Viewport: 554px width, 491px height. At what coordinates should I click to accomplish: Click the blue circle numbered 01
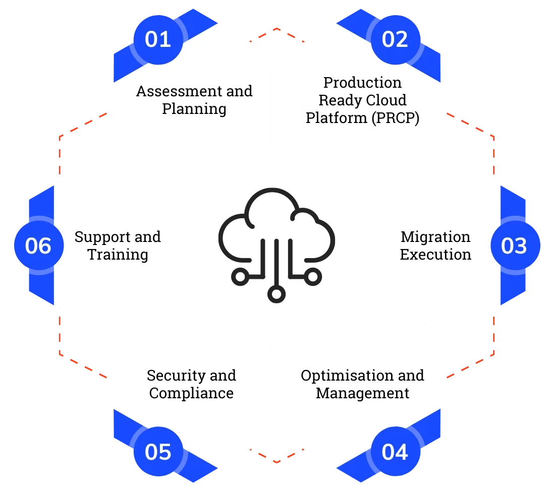[158, 39]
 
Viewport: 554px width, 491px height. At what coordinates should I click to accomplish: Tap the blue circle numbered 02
[395, 39]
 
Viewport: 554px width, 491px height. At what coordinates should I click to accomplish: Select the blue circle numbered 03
[515, 246]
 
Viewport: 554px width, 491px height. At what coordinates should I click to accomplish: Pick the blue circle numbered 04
[395, 452]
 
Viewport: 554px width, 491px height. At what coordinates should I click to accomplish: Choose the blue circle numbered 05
[158, 452]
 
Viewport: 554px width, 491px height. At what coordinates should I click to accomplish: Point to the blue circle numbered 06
[39, 246]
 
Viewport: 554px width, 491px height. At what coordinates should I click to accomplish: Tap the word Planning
[194, 109]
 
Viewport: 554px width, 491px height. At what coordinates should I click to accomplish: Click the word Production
[362, 82]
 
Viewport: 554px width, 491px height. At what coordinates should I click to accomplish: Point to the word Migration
[435, 236]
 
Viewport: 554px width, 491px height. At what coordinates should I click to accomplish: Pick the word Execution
[435, 255]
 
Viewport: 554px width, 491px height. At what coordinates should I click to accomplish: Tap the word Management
[362, 393]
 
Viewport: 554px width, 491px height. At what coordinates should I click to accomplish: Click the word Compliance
[191, 393]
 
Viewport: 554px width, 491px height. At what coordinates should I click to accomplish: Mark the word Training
[118, 255]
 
